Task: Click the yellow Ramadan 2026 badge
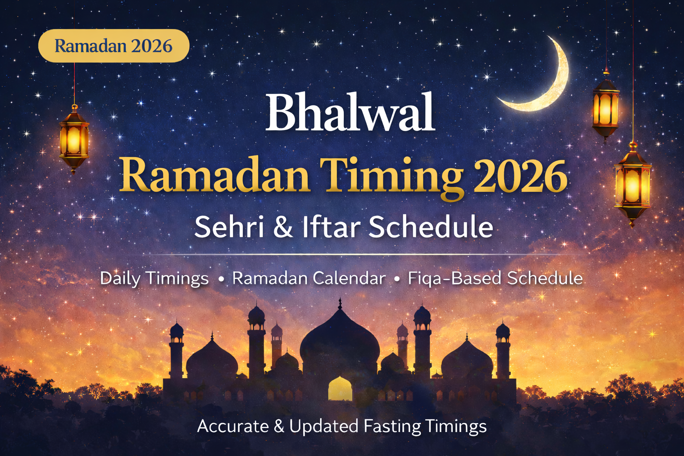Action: click(x=114, y=46)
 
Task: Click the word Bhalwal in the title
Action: click(x=350, y=112)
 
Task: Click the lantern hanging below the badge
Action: click(x=74, y=138)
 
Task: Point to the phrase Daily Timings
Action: click(x=154, y=278)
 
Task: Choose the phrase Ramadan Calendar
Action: click(x=309, y=278)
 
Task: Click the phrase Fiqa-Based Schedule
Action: click(x=495, y=278)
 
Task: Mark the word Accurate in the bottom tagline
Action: click(x=233, y=426)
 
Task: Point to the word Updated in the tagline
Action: click(x=324, y=426)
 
